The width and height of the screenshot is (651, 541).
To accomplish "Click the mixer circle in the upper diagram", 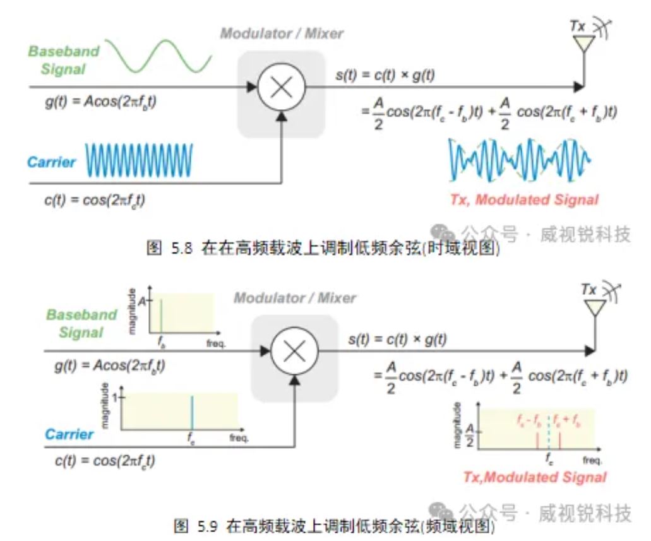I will point(281,87).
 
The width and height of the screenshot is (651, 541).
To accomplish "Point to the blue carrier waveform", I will point(139,160).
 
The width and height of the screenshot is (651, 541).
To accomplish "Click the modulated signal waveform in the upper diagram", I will point(519,160).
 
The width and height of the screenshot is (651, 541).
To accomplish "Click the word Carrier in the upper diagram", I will point(51,162).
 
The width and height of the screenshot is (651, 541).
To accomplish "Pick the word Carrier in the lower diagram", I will point(69,434).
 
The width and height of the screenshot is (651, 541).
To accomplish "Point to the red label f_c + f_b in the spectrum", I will point(567,420).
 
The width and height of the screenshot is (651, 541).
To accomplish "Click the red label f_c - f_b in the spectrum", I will point(529,420).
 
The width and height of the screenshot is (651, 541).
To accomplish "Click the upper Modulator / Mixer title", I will point(282,33).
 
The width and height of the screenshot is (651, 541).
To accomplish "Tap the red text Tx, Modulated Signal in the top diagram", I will point(523,200).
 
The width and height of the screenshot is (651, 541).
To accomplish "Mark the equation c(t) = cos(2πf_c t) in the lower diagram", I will point(105,460).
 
